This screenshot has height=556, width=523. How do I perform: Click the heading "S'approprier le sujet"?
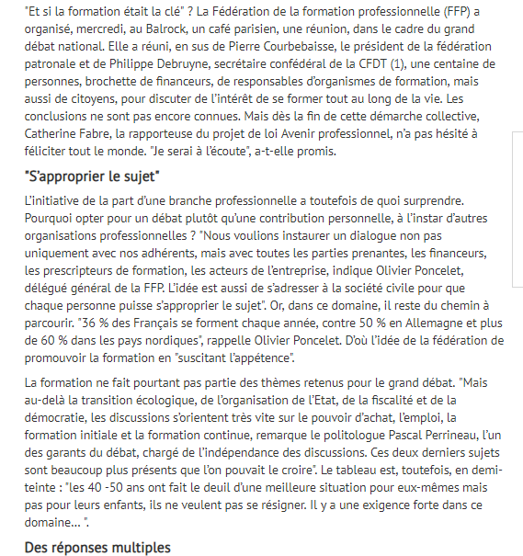click(x=93, y=176)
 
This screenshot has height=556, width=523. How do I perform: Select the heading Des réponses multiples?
click(x=97, y=548)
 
